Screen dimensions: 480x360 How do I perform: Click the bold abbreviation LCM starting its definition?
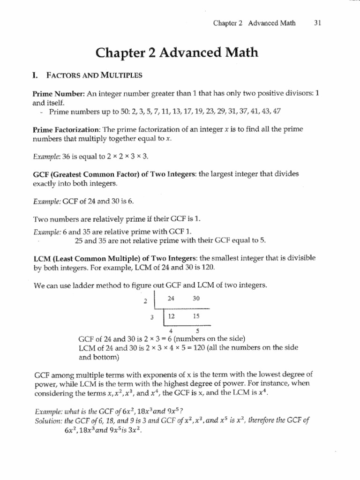tap(41, 258)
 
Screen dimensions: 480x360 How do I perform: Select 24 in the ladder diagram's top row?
tap(174, 297)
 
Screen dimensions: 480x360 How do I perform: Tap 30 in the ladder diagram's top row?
tap(196, 297)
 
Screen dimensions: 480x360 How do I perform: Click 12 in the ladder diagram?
tap(173, 316)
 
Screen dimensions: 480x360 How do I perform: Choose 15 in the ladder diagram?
tap(196, 316)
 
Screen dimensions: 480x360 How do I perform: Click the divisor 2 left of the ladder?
tap(145, 301)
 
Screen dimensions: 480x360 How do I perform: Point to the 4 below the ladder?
tap(170, 330)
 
